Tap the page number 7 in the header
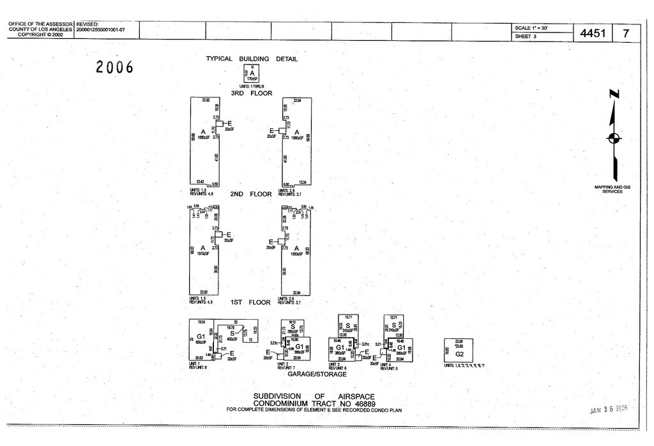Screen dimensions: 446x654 pos(626,33)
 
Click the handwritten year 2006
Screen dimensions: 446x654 pos(115,66)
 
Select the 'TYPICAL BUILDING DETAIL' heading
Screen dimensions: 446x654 pos(252,59)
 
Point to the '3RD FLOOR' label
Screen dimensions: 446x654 pos(252,93)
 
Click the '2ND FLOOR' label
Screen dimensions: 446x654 pos(252,194)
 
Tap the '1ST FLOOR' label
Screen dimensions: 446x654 pos(250,302)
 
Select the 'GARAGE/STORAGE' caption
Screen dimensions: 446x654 pos(317,375)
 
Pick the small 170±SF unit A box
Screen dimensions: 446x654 pos(252,74)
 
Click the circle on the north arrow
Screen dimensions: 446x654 pos(614,138)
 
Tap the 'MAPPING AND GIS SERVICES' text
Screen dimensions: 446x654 pos(612,189)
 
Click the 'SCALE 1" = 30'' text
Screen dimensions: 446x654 pos(531,28)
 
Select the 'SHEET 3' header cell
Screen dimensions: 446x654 pos(526,36)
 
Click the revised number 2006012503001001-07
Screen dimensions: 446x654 pos(101,30)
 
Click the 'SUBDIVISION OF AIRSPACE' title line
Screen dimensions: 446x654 pos(314,396)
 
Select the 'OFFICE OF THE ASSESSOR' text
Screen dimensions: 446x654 pos(41,25)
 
